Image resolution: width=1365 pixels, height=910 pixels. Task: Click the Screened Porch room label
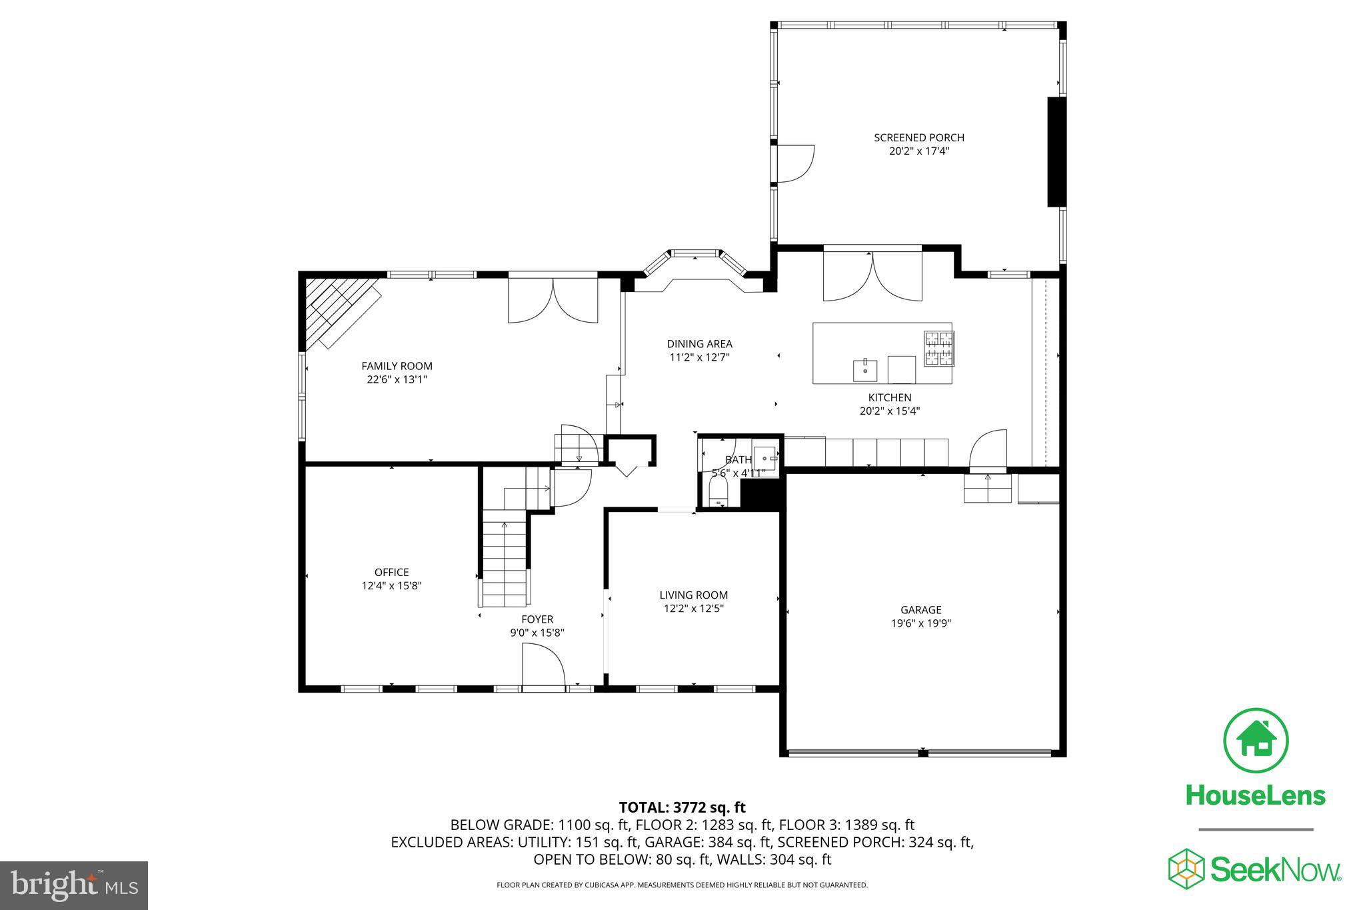918,137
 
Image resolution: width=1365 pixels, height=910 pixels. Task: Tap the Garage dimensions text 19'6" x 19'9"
920,623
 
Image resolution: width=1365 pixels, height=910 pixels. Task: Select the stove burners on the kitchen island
938,349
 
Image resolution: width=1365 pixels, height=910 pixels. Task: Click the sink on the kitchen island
865,369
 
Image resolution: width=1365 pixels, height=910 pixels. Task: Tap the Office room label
391,572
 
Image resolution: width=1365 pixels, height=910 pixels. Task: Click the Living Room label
693,595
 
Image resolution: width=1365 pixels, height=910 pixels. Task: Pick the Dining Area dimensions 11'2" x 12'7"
699,357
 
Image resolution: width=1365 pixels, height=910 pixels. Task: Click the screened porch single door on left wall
794,163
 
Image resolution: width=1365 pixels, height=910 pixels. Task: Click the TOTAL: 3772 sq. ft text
682,807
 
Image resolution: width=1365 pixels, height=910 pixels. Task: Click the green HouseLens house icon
1255,741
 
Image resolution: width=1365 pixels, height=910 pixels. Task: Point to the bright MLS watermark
74,885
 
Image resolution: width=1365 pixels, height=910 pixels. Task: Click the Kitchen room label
889,397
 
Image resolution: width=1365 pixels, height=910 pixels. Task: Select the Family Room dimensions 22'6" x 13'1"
397,379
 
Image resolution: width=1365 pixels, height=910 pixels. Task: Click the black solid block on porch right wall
1056,152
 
